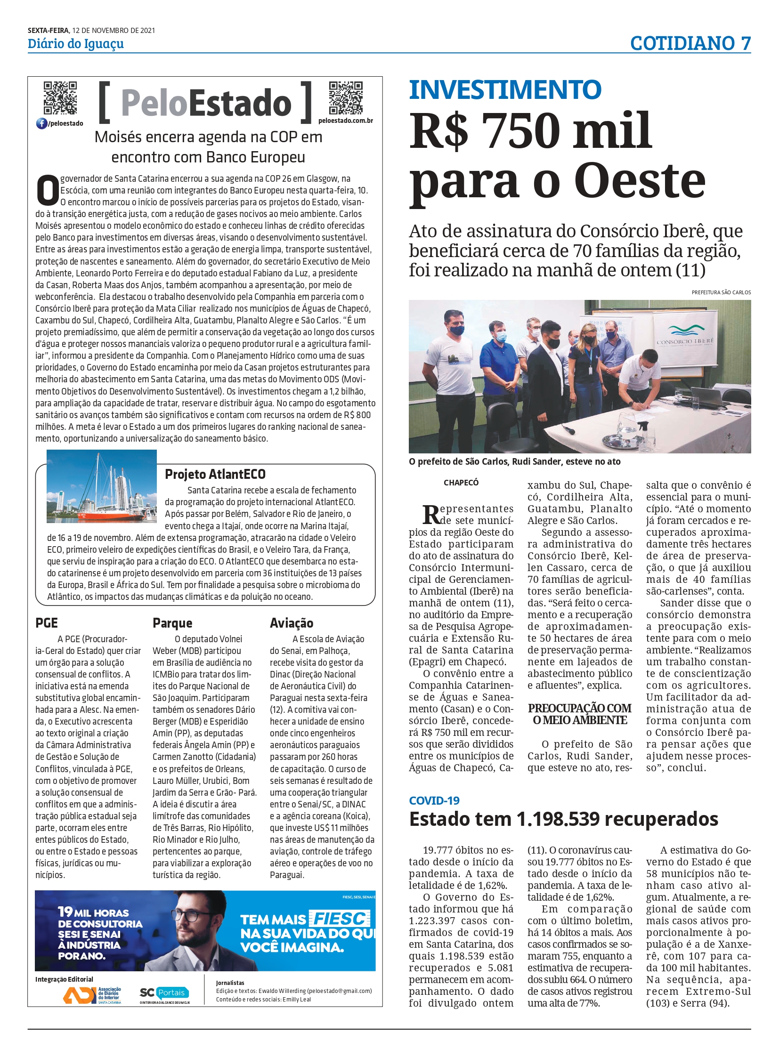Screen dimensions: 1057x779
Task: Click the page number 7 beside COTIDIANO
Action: (745, 43)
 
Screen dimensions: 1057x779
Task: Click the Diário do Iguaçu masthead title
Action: (75, 44)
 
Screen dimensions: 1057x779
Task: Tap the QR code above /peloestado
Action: (60, 98)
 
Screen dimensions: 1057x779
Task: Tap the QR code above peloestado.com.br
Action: (346, 98)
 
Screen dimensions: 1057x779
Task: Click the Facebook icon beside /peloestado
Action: (41, 123)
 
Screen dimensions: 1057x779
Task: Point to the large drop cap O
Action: (48, 191)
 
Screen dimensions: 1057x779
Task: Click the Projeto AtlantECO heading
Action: (215, 474)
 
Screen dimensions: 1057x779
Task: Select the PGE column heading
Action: (47, 623)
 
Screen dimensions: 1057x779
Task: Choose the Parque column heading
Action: (172, 623)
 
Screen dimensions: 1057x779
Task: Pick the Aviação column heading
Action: (292, 623)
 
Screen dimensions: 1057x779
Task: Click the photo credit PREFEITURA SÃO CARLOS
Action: (721, 292)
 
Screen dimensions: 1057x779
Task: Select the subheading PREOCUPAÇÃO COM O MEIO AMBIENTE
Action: (579, 714)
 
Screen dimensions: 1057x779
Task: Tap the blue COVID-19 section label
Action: (434, 800)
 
